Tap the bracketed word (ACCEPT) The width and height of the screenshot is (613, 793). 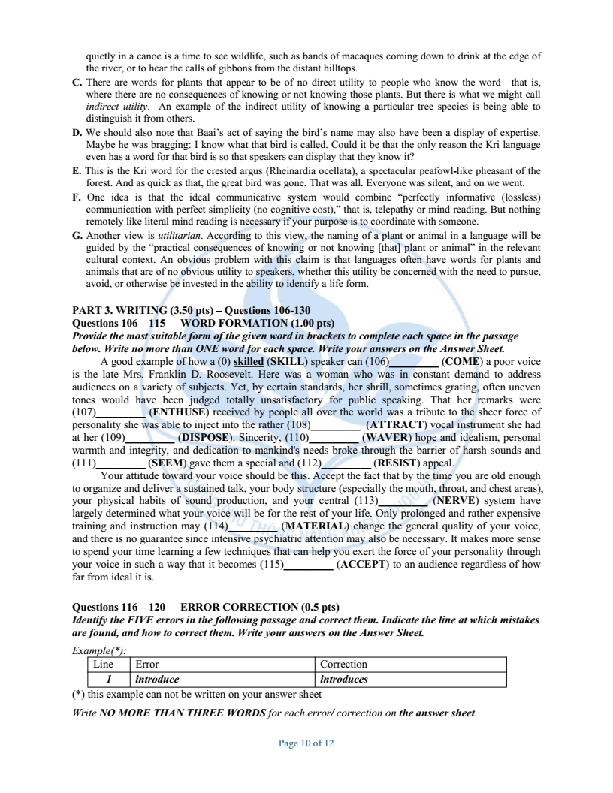[366, 565]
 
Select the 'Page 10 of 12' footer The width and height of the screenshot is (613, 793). [306, 743]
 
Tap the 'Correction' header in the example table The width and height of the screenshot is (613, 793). [343, 665]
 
